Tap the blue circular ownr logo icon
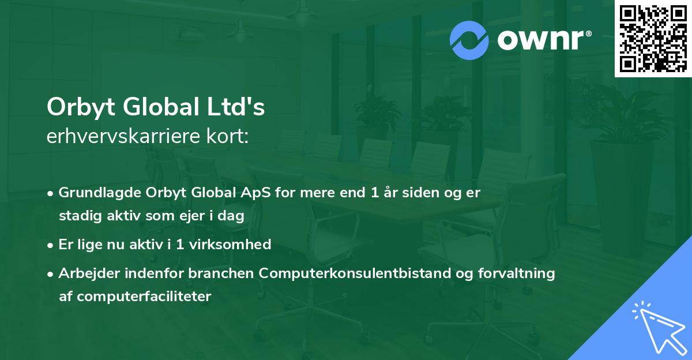[x=469, y=40]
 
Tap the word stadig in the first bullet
[x=77, y=216]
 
